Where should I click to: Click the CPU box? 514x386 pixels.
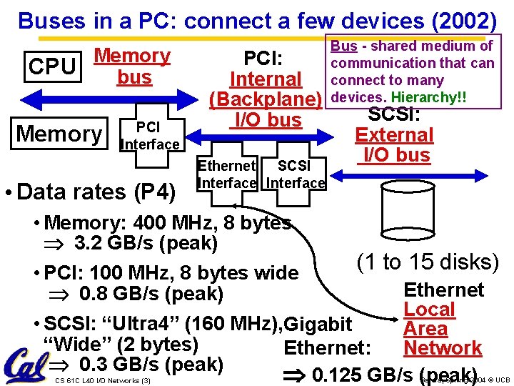coord(52,66)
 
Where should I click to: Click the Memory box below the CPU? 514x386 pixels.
coord(59,133)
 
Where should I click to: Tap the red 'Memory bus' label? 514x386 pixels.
coord(133,66)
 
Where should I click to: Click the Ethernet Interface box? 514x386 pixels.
coord(226,174)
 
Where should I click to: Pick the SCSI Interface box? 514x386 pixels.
coord(295,174)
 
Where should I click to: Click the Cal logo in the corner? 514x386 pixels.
coord(24,367)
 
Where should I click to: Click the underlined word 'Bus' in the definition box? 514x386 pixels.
coord(344,46)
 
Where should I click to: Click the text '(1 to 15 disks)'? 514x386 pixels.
coord(428,262)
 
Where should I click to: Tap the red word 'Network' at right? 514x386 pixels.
coord(443,348)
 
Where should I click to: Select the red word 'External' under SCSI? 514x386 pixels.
coord(394,134)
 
